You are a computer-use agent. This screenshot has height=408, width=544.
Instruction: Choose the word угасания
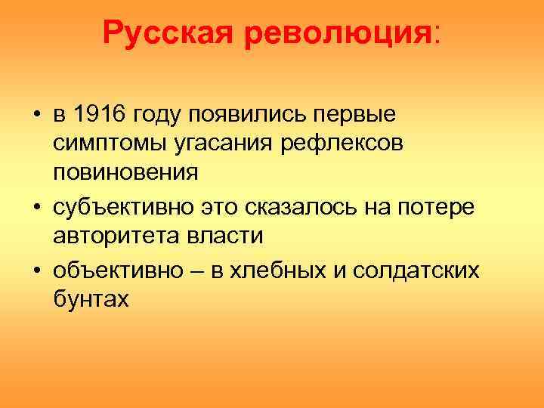tap(221, 144)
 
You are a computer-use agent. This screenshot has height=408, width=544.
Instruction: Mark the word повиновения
tap(125, 172)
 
